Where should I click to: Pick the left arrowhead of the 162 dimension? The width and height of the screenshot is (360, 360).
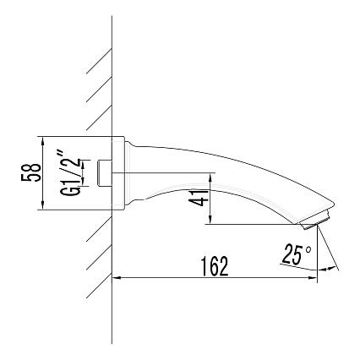coord(118,277)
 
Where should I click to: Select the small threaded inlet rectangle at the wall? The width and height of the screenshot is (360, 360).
coord(104,173)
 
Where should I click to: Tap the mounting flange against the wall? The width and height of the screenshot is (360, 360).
coord(119,174)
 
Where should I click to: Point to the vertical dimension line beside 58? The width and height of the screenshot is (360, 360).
coord(41,174)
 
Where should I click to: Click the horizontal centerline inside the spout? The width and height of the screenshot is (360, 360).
coord(169,173)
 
